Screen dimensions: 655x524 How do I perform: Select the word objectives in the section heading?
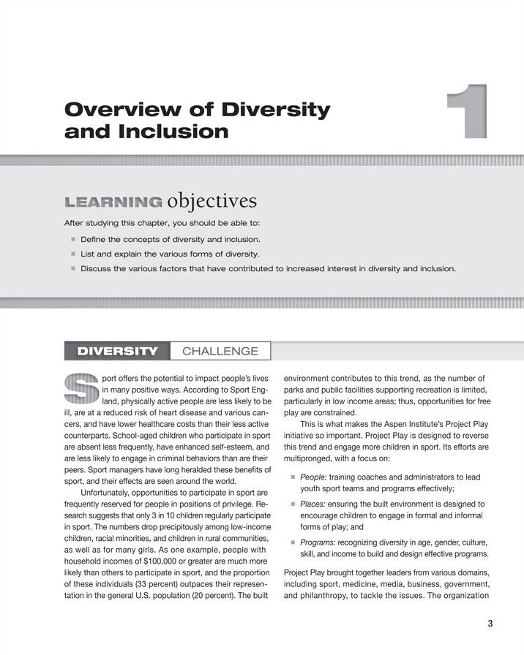(x=212, y=200)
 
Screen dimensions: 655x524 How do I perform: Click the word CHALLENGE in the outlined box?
(x=220, y=351)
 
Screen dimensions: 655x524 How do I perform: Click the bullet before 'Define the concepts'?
(x=73, y=239)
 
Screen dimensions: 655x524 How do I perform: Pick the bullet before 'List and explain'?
(x=73, y=254)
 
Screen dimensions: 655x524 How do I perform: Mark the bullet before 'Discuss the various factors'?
(x=73, y=268)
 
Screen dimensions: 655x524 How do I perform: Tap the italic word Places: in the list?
(x=312, y=504)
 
